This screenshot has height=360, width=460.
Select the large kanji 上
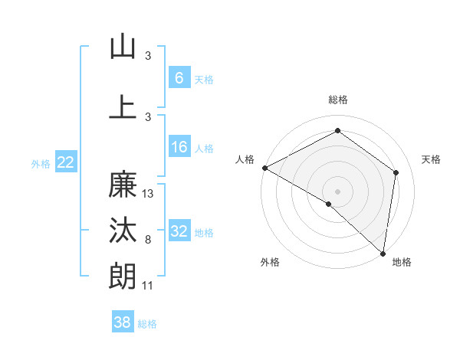pyautogui.click(x=123, y=106)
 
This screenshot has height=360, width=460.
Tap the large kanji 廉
pyautogui.click(x=123, y=185)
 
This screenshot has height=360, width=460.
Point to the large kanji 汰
pyautogui.click(x=123, y=231)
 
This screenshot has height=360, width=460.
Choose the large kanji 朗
pyautogui.click(x=123, y=276)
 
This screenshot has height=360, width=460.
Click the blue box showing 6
pyautogui.click(x=179, y=77)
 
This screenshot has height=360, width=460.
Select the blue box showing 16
pyautogui.click(x=179, y=147)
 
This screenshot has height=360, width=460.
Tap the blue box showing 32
pyautogui.click(x=179, y=231)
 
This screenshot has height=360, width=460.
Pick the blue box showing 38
pyautogui.click(x=123, y=322)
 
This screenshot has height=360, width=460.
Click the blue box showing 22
pyautogui.click(x=65, y=162)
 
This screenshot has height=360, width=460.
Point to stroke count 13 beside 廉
pyautogui.click(x=149, y=194)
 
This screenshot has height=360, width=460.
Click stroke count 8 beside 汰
pyautogui.click(x=148, y=240)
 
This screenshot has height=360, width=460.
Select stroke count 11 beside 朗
pyautogui.click(x=148, y=286)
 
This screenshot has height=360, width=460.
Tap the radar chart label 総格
pyautogui.click(x=338, y=100)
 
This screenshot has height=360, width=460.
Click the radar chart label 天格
pyautogui.click(x=431, y=159)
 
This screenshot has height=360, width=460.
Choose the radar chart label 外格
pyautogui.click(x=270, y=263)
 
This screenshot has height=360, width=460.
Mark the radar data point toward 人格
pyautogui.click(x=264, y=168)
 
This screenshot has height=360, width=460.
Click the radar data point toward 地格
pyautogui.click(x=383, y=253)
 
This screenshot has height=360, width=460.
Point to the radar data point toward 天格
pyautogui.click(x=396, y=172)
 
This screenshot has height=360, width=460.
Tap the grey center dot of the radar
pyautogui.click(x=337, y=191)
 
